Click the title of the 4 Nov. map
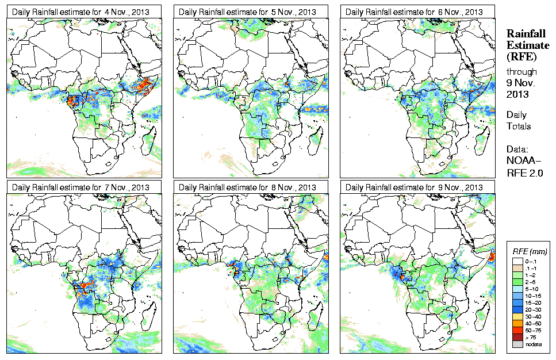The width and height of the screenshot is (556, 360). click(81, 12)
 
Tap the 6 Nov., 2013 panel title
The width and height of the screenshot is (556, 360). click(415, 12)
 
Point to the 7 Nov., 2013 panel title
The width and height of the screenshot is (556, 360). click(81, 187)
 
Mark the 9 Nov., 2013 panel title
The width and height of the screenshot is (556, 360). click(415, 187)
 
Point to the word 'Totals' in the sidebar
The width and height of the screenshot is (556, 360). click(519, 126)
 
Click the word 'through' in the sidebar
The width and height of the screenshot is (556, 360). click(522, 72)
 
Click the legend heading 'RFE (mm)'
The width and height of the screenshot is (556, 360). click(530, 252)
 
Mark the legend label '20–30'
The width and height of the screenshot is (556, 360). click(534, 309)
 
